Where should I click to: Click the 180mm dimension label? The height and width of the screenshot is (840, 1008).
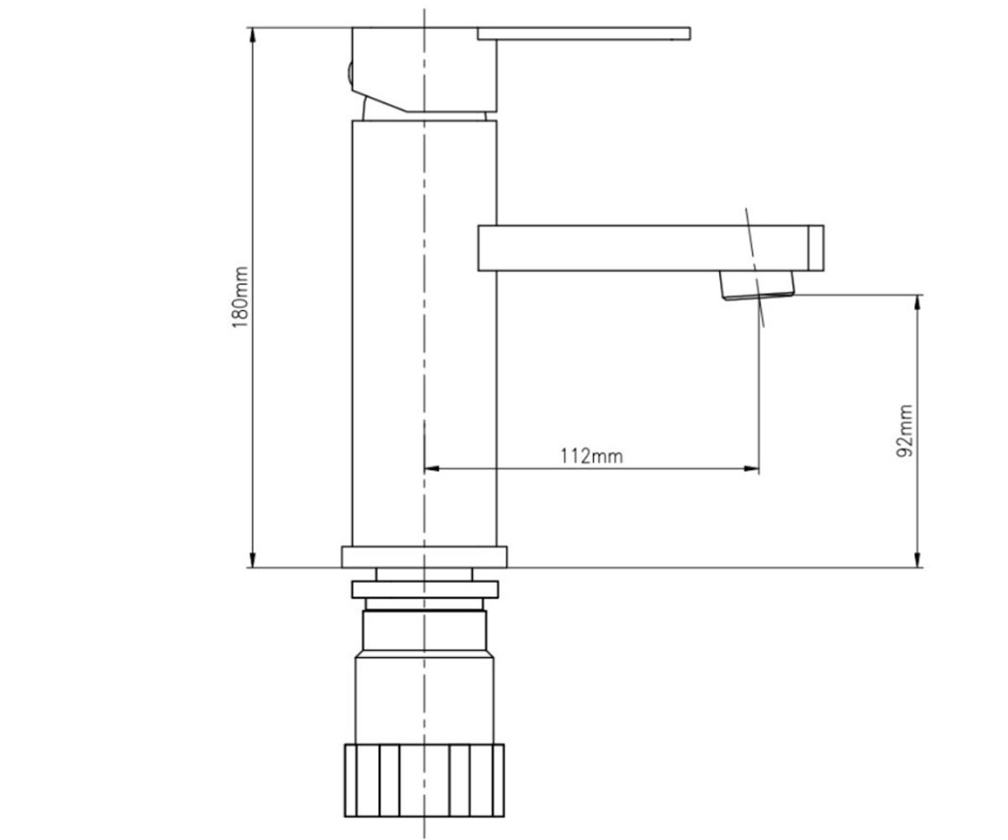tap(240, 297)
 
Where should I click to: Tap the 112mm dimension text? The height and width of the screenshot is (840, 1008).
tap(591, 456)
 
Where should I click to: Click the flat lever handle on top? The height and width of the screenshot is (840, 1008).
tap(584, 34)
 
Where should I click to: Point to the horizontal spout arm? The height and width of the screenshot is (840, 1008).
tap(643, 248)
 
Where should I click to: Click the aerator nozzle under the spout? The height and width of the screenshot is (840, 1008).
tap(757, 286)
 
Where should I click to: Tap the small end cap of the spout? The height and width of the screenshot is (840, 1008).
tap(816, 248)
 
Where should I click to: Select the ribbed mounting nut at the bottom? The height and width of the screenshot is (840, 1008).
tap(424, 780)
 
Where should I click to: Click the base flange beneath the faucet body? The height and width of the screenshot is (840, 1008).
tap(424, 557)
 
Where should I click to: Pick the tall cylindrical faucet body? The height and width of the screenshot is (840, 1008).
tap(424, 333)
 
